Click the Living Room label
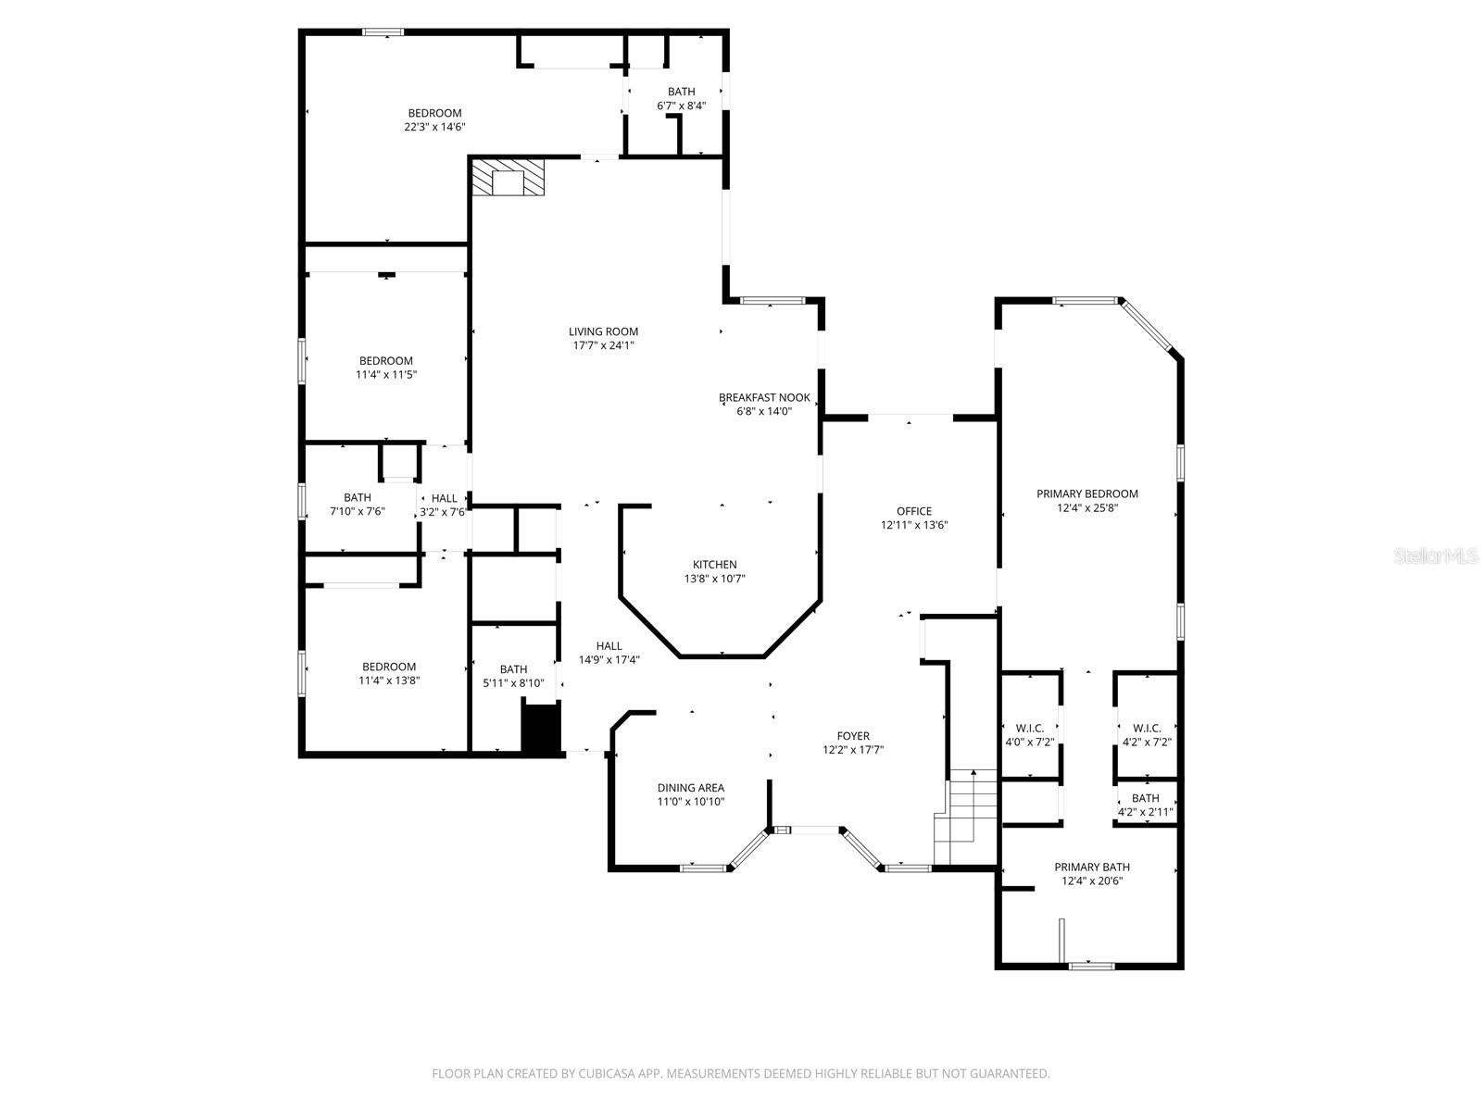point(603,331)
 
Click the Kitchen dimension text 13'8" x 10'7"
point(714,579)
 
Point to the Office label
point(913,511)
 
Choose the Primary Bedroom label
point(1086,493)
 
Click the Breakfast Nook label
point(764,397)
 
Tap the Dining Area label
point(690,788)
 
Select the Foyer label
point(853,736)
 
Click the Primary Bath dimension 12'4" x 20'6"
point(1092,881)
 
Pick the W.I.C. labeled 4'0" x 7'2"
point(1029,735)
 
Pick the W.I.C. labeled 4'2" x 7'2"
point(1147,735)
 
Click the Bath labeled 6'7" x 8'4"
point(681,98)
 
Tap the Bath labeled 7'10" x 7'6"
point(357,504)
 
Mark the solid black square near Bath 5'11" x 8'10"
point(541,729)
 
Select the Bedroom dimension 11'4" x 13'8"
point(388,680)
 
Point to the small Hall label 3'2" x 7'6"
point(444,505)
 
